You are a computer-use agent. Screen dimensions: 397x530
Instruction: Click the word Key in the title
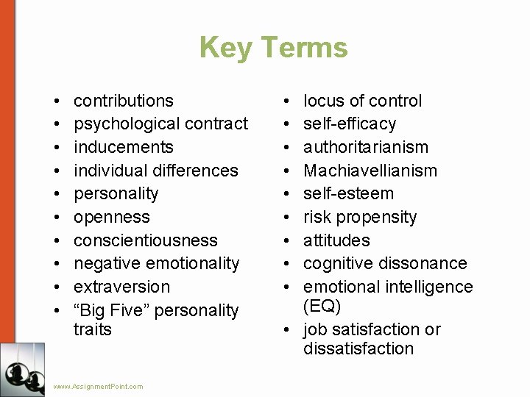225,48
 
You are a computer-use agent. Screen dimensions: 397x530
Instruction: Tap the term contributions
124,101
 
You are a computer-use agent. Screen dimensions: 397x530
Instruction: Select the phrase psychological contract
161,124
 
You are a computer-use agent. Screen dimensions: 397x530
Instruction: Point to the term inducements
124,147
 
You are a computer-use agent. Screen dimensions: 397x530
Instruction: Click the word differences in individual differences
195,171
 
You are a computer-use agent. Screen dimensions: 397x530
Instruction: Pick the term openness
112,217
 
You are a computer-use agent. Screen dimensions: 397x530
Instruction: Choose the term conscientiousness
146,240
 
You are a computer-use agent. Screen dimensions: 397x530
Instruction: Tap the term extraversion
122,287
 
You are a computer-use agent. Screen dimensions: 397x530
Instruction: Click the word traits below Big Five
93,329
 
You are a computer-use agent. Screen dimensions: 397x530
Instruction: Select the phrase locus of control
363,101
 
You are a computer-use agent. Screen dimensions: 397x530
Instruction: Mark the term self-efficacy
350,124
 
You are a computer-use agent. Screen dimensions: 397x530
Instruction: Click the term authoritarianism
366,147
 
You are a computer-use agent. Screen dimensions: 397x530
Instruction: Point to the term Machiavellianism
370,171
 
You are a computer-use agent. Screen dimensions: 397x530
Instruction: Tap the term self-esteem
349,193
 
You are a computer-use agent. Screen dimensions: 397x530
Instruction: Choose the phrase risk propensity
360,217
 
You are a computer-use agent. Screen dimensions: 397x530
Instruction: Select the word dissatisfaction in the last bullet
358,348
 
